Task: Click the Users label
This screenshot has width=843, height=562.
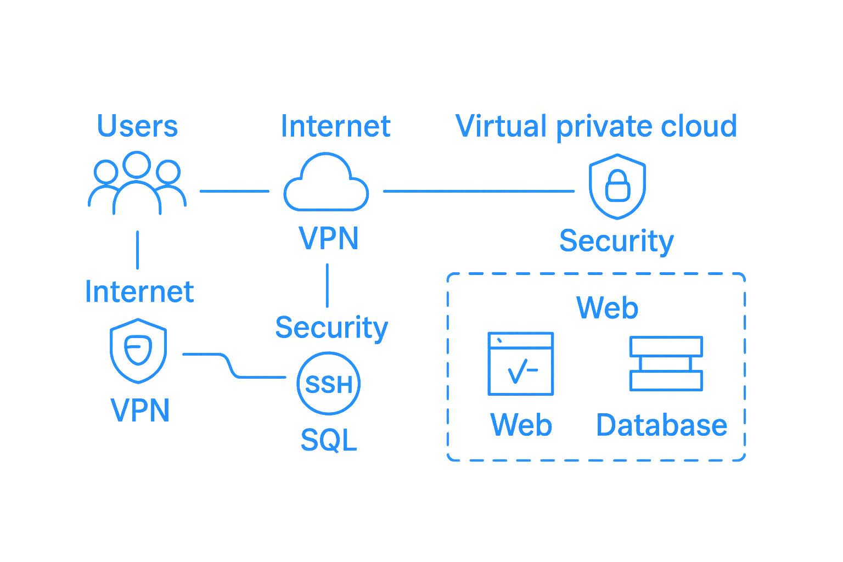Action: coord(138,126)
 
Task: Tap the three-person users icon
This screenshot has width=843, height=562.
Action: coord(137,184)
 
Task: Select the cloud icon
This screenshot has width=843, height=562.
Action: coord(326,183)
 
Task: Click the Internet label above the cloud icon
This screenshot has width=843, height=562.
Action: coord(335,126)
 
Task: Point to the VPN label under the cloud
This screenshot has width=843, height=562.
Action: coord(329,238)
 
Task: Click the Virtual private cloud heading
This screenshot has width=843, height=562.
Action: coord(596,126)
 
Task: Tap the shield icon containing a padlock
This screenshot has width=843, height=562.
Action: coord(617,186)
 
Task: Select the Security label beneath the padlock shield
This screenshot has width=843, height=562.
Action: coord(616,241)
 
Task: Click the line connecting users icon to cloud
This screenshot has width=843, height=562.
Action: coord(234,191)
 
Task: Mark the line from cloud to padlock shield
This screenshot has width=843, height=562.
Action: coord(478,191)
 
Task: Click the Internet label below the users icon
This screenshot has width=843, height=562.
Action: coord(139,291)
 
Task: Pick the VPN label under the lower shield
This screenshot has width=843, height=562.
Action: coord(140,409)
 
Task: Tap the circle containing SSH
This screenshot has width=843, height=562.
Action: coord(328,384)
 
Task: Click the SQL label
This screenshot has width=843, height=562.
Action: coord(329,440)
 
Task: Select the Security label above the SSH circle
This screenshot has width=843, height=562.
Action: coord(331,327)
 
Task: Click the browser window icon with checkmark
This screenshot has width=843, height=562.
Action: coord(520,363)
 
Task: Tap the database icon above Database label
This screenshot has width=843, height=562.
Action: coord(666,363)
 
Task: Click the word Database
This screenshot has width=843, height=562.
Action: coord(661,425)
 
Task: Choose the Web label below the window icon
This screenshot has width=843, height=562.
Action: coord(521,425)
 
